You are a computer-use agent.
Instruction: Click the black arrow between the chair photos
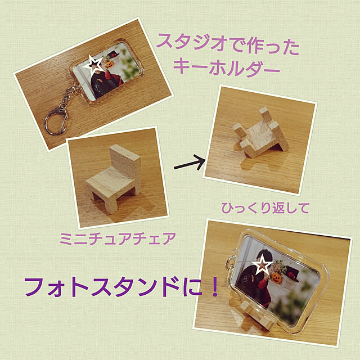[190, 164]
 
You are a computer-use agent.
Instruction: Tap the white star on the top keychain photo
[93, 65]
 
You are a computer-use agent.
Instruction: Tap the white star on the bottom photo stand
[262, 265]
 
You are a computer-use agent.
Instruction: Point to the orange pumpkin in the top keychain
[110, 64]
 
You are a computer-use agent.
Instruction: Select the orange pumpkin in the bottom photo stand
[276, 278]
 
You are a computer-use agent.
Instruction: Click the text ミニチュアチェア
[118, 238]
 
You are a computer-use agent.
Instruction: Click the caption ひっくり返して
[265, 208]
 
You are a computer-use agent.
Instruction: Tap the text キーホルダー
[226, 67]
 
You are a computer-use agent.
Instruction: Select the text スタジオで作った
[228, 44]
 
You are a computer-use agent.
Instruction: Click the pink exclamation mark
[215, 286]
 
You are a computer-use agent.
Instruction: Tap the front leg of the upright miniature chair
[111, 205]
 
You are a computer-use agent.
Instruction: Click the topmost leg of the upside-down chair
[265, 115]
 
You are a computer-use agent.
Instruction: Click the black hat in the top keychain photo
[113, 55]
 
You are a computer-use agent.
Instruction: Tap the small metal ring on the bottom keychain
[230, 262]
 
